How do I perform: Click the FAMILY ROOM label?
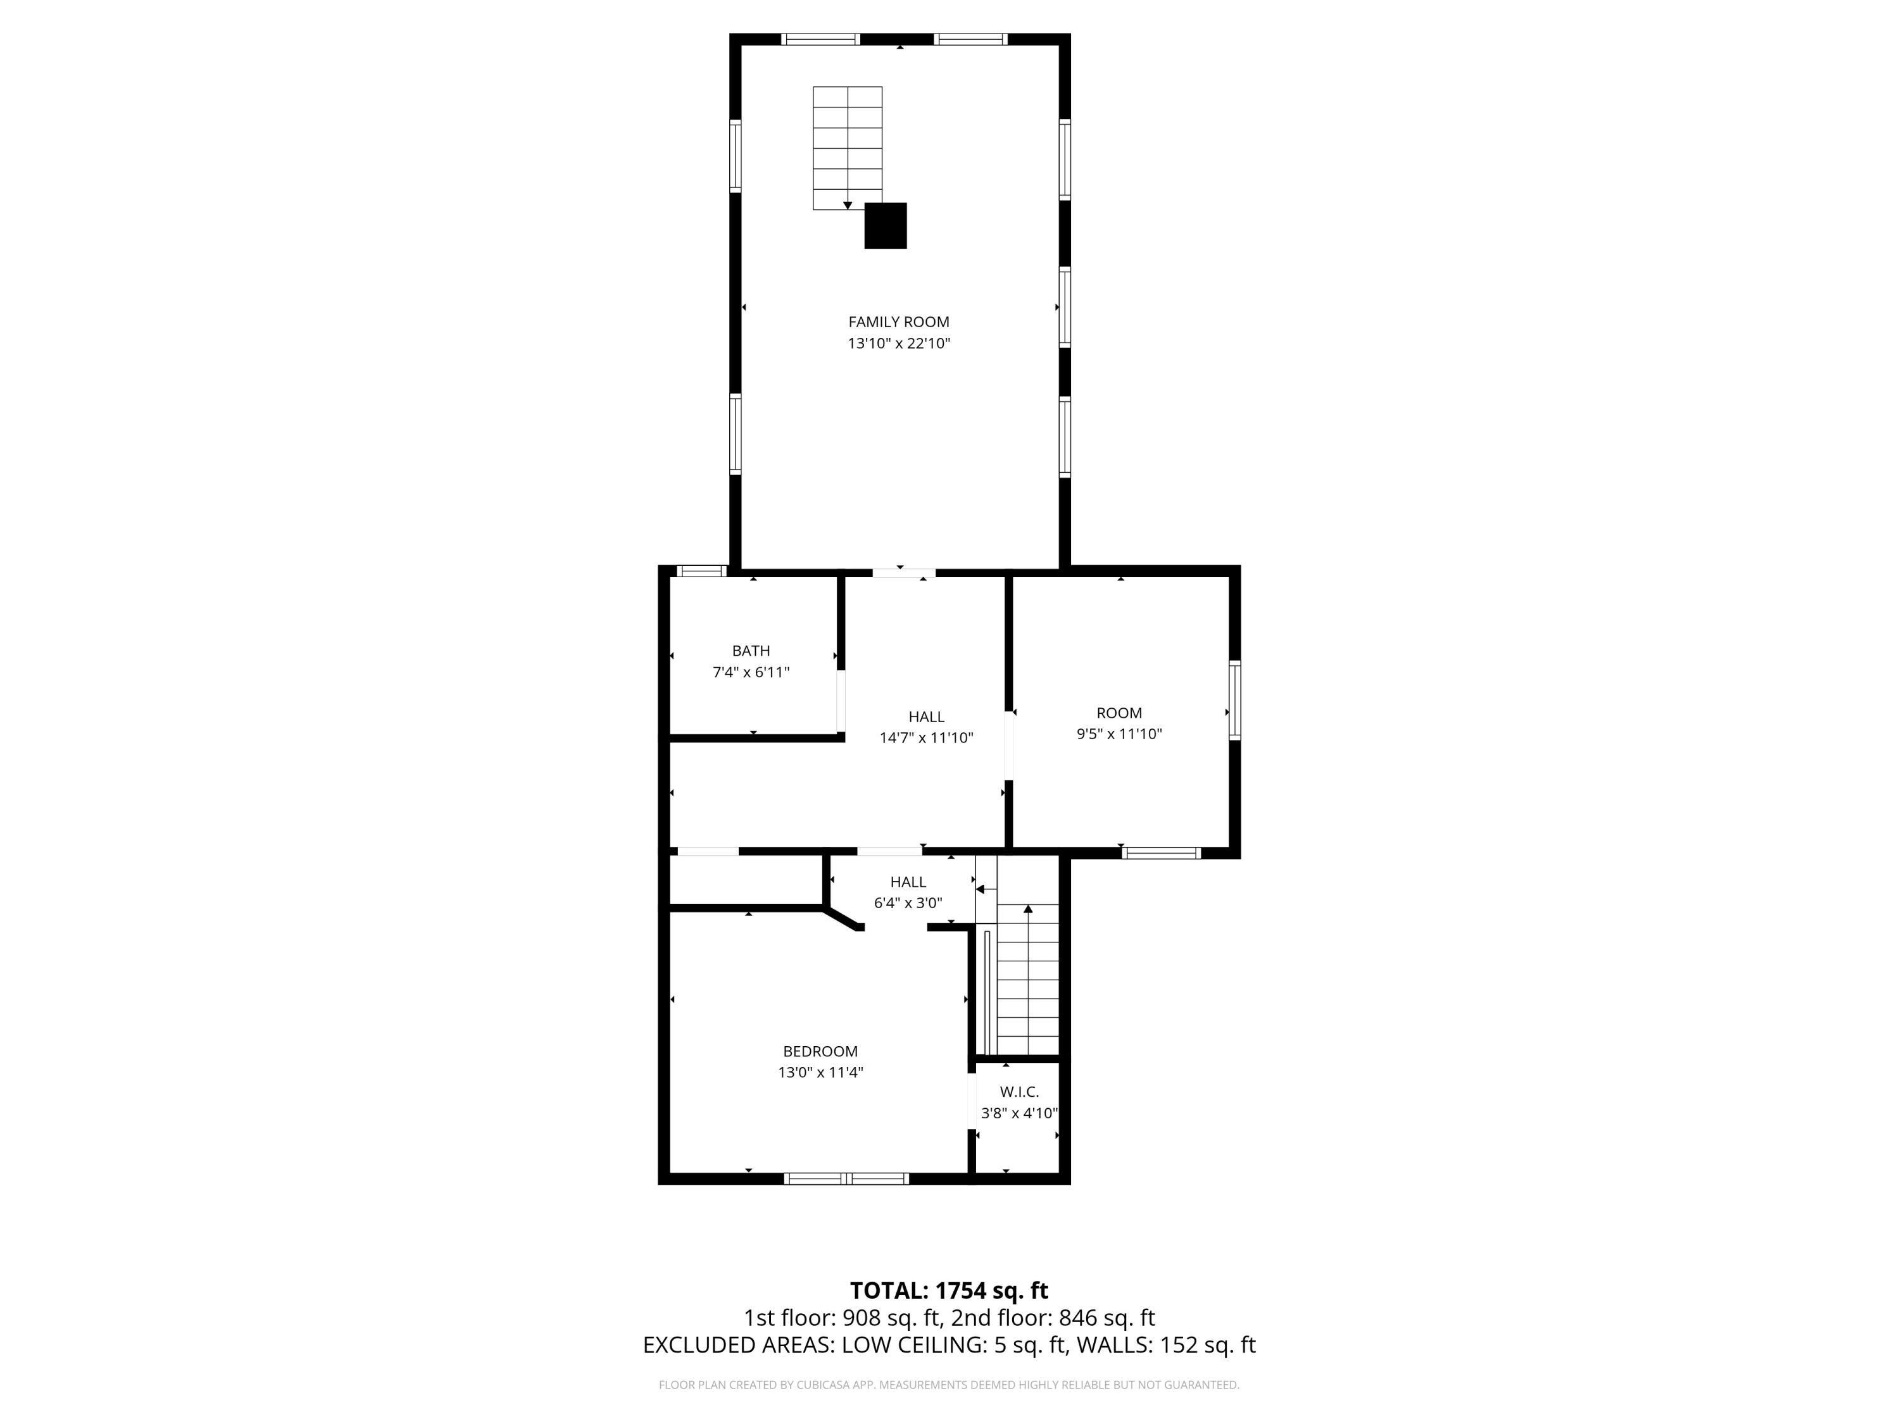[899, 322]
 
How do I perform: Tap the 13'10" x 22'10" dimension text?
[899, 343]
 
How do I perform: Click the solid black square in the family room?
[885, 226]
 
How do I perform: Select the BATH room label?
[751, 651]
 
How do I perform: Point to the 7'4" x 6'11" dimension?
[751, 672]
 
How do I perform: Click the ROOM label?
[1119, 713]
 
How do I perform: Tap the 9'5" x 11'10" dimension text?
[1119, 734]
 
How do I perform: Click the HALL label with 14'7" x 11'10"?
[926, 716]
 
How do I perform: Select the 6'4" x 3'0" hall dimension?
[908, 903]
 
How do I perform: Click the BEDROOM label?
[820, 1051]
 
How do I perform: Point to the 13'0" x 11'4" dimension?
[820, 1072]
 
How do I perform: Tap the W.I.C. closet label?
[1019, 1092]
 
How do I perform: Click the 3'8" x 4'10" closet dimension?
[1019, 1113]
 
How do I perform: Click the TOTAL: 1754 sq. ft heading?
[949, 1290]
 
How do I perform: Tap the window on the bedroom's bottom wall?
[846, 1178]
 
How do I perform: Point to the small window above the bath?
[701, 571]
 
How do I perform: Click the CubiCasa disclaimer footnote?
[949, 1385]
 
